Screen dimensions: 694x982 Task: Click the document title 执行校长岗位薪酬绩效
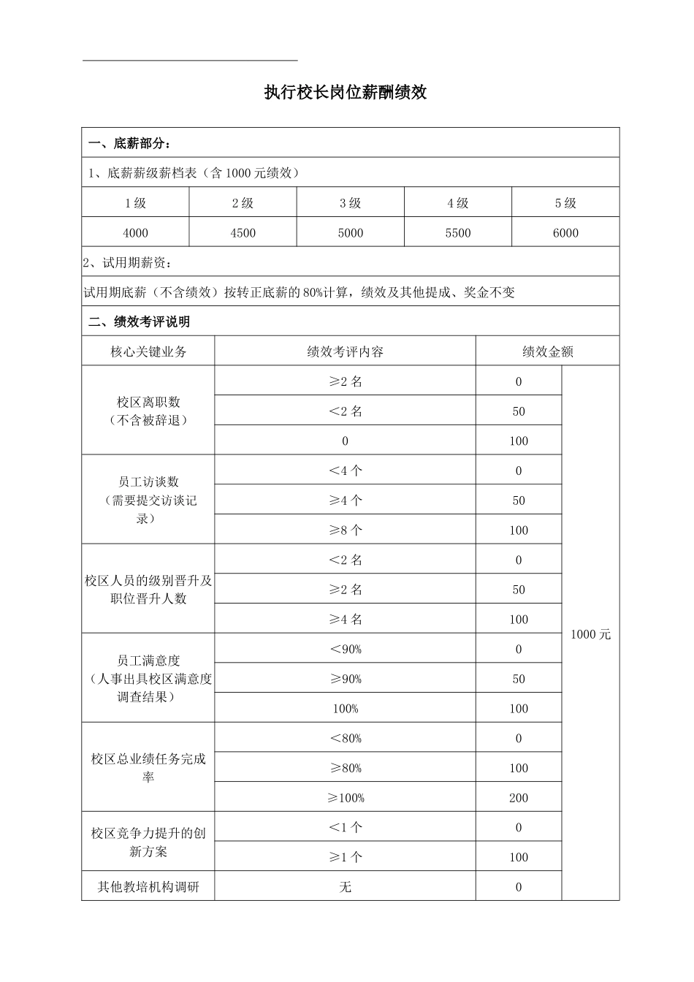click(x=346, y=93)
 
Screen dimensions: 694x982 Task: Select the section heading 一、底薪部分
click(x=130, y=142)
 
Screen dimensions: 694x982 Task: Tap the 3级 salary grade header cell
click(x=351, y=203)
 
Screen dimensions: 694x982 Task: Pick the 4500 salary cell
click(x=243, y=233)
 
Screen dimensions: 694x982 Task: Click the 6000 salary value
click(x=565, y=233)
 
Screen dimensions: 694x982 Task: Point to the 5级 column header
click(x=565, y=203)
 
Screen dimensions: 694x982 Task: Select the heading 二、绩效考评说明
click(x=139, y=321)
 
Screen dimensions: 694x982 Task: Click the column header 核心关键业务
click(x=148, y=351)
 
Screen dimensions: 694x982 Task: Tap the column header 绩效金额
click(x=547, y=351)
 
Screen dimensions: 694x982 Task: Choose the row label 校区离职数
click(x=148, y=403)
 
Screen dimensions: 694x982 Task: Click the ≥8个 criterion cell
click(x=346, y=530)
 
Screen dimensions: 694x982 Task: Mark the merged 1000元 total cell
click(x=590, y=634)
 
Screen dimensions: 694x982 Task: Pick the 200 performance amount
click(x=519, y=798)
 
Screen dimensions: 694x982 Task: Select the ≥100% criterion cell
click(x=346, y=798)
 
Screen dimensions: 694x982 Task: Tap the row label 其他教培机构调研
click(x=148, y=887)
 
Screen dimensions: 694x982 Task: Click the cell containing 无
click(x=346, y=887)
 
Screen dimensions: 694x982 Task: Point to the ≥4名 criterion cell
click(x=346, y=620)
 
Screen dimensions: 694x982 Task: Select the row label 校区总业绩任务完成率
click(x=148, y=768)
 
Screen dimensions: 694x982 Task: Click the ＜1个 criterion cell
click(x=346, y=828)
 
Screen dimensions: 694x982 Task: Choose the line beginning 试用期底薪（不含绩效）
click(x=300, y=292)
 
